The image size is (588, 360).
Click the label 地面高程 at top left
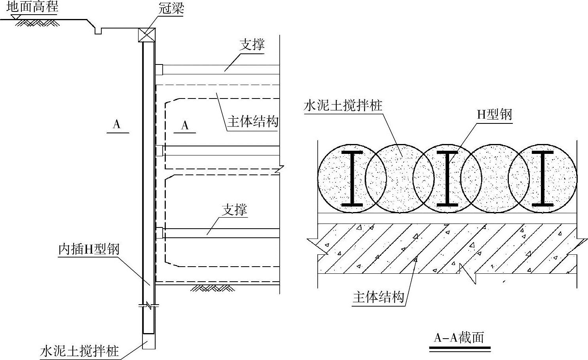click(32, 7)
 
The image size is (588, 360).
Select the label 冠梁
click(171, 8)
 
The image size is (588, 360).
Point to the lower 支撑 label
click(234, 210)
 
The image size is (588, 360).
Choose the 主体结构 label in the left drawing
click(252, 121)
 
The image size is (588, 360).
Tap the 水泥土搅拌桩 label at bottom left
click(80, 351)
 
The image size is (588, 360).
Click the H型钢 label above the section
click(494, 114)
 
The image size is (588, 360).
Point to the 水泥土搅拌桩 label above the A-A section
click(343, 105)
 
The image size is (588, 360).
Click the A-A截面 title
click(459, 337)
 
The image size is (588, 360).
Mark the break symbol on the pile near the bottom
click(149, 305)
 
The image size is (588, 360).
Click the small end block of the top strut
click(159, 69)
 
